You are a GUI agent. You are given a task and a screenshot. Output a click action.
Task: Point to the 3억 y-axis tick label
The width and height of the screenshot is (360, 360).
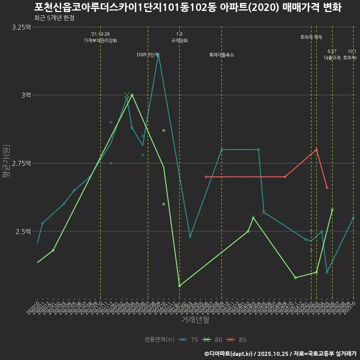26,95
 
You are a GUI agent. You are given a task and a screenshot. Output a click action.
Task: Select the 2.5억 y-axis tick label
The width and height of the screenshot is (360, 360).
24,231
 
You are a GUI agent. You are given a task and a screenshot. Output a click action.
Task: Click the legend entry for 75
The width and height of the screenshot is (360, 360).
189,340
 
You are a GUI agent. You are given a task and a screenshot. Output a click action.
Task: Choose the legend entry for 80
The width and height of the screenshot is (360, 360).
212,340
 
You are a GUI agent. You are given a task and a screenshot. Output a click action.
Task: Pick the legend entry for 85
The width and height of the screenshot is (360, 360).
237,340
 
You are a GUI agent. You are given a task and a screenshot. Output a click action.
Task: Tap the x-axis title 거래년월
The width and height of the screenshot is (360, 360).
195,320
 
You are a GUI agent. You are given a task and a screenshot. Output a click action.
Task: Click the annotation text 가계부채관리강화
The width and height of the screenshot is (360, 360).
100,40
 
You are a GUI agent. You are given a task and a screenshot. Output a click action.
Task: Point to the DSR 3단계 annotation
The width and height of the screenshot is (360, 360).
148,55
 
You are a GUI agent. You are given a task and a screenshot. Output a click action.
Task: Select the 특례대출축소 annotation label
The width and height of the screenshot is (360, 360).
222,55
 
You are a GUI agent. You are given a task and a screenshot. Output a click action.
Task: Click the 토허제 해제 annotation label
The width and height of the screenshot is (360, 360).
311,37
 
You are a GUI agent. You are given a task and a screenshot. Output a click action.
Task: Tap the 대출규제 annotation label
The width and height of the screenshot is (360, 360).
332,58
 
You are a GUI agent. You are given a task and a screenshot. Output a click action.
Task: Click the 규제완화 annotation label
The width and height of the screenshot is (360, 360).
180,40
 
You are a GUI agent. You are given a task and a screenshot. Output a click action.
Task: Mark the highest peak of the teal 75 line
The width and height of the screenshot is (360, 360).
159,54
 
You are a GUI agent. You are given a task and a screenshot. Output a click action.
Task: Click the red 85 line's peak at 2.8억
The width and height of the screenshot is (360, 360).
316,150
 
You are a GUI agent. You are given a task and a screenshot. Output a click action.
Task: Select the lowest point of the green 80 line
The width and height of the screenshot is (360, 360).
180,286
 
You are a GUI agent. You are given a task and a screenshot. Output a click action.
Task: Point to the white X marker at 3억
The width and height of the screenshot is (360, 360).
127,95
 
